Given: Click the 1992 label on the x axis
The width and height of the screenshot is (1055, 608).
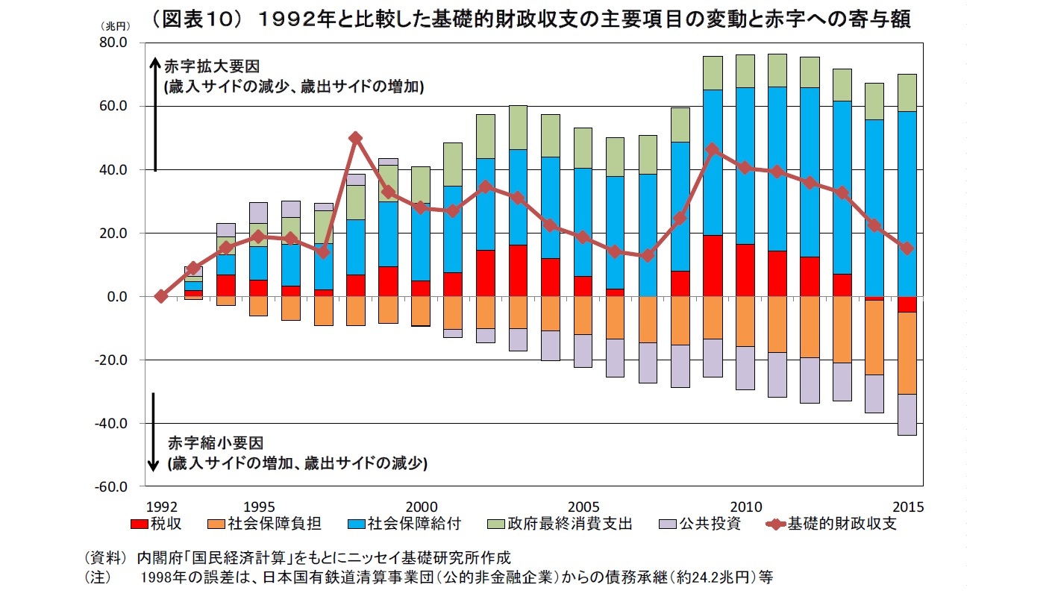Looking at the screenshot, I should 161,506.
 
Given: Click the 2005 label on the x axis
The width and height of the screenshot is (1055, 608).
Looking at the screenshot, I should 583,506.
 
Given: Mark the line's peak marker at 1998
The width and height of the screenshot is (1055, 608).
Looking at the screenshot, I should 356,138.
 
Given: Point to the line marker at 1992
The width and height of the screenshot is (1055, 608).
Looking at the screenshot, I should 161,296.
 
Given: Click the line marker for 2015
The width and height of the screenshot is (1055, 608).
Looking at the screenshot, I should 907,248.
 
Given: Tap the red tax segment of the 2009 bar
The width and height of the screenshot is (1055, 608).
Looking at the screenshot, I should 713,266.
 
